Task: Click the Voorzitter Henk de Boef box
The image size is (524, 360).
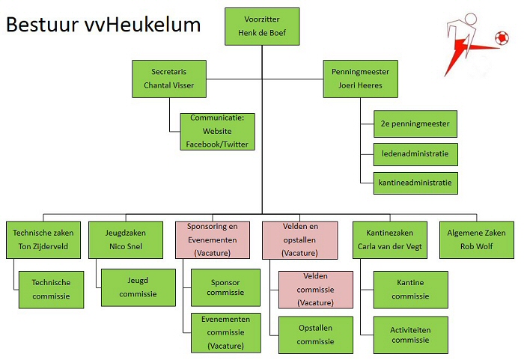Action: pyautogui.click(x=261, y=26)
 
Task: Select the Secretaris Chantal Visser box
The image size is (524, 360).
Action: pyautogui.click(x=168, y=79)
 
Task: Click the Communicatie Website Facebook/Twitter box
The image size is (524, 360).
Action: pyautogui.click(x=217, y=131)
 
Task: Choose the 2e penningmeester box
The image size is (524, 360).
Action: pyautogui.click(x=415, y=122)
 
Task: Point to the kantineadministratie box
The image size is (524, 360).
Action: pyautogui.click(x=415, y=182)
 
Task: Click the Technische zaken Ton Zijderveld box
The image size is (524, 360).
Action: pyautogui.click(x=43, y=240)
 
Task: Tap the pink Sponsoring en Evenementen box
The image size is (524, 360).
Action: pyautogui.click(x=211, y=240)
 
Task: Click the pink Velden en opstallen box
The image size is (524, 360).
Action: pyautogui.click(x=299, y=240)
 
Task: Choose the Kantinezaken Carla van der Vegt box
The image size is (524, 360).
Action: pyautogui.click(x=389, y=240)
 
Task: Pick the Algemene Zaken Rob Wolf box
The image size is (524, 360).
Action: pyautogui.click(x=476, y=240)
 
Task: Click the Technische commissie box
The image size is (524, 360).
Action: pyautogui.click(x=51, y=289)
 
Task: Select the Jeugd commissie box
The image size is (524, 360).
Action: pyautogui.click(x=138, y=288)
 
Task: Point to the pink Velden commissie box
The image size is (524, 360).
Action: pyautogui.click(x=315, y=289)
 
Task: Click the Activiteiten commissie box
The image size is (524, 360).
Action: pyautogui.click(x=410, y=335)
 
